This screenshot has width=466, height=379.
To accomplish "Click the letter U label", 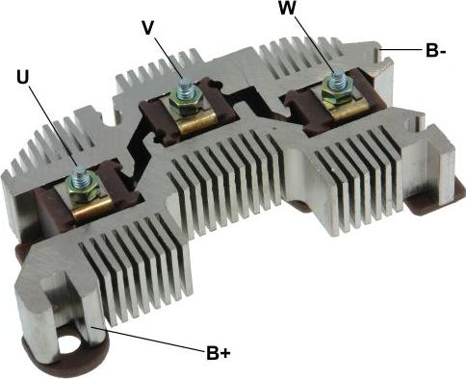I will tap(23, 76).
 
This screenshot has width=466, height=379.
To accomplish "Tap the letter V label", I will tap(147, 28).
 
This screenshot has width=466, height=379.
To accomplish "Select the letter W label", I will tap(288, 9).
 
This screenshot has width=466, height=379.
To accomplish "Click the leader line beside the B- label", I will tap(401, 48).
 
